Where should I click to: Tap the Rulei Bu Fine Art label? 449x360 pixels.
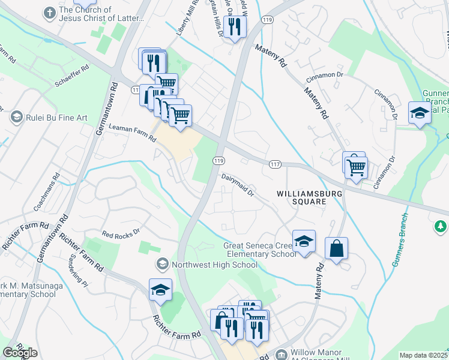(x=56, y=118)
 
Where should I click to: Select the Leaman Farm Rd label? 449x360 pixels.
(x=132, y=133)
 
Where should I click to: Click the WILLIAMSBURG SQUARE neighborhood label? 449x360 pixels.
(x=301, y=197)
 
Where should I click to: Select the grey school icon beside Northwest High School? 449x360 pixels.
(x=161, y=265)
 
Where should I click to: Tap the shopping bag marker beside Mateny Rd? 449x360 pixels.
(x=336, y=248)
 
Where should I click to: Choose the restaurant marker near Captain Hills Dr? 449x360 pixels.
(x=234, y=26)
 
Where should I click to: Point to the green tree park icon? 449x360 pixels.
(x=441, y=226)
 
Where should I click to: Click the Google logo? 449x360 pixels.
(x=20, y=353)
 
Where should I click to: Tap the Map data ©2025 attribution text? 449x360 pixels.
(x=423, y=355)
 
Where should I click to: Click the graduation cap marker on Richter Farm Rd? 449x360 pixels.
(x=160, y=290)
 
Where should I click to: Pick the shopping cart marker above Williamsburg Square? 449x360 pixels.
(x=356, y=166)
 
